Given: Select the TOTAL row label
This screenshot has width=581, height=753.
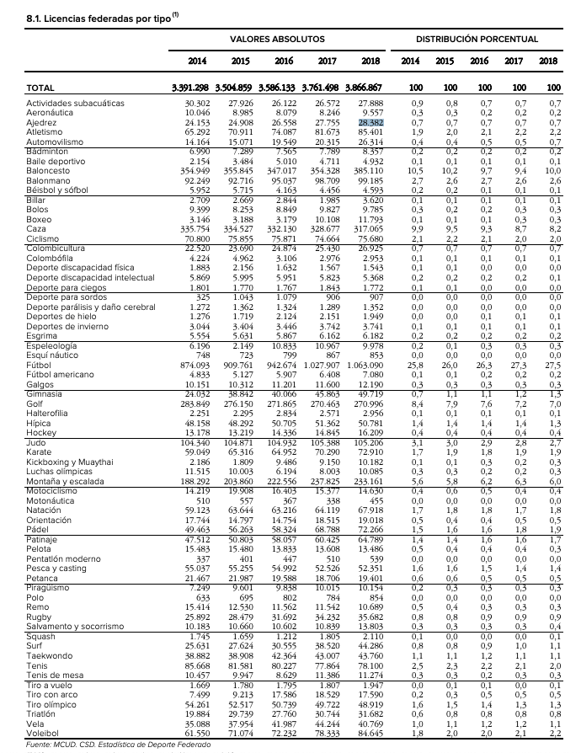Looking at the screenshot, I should pos(40,88).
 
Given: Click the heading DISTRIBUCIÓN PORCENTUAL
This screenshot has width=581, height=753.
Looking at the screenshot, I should pos(477,40).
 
